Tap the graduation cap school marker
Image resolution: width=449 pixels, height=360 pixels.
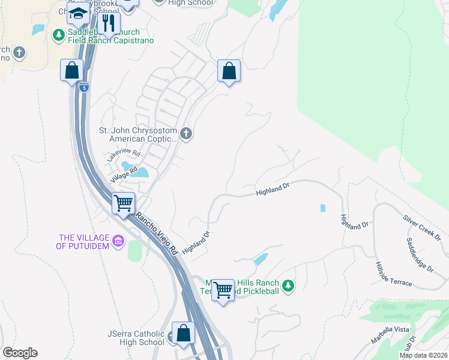[78, 13]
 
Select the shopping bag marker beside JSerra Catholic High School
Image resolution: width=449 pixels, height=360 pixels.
[184, 333]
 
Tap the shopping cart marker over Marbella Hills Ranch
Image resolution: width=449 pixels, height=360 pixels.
[223, 290]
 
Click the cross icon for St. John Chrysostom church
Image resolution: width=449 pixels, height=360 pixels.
[186, 133]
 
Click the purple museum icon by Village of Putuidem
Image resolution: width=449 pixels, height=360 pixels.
[118, 242]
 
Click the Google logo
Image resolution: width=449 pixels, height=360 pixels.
[20, 353]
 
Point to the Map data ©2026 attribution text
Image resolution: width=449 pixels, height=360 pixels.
[423, 355]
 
